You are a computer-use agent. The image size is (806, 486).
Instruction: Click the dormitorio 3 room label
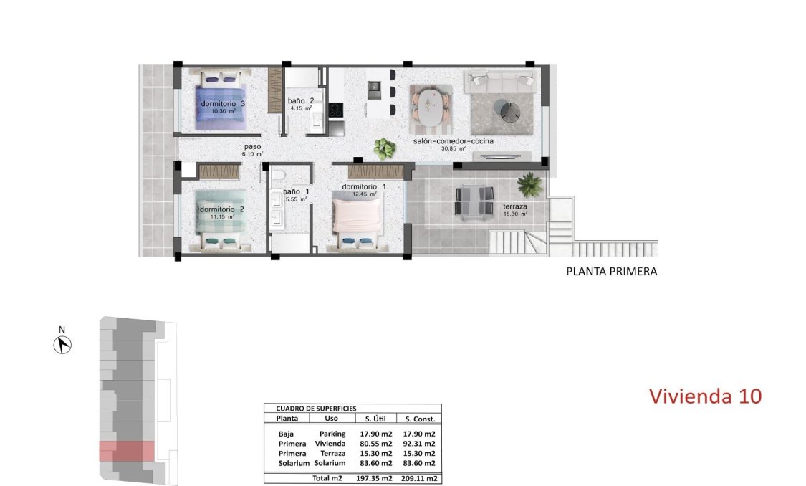pos(223,104)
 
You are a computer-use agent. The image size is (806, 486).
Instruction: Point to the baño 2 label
pos(300,101)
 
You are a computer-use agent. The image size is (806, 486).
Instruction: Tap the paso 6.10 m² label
pos(253,148)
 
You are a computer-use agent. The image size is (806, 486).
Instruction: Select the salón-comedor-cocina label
pos(453,141)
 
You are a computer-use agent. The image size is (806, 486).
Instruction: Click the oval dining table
pos(431,106)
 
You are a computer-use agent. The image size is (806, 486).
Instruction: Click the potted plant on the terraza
pos(529,184)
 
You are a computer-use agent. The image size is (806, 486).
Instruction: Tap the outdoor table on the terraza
pos(474,200)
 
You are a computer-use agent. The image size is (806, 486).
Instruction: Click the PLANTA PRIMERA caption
pos(611,272)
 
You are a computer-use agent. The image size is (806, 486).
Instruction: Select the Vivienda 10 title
pos(705,395)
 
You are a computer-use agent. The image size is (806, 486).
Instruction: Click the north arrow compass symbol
pos(63,345)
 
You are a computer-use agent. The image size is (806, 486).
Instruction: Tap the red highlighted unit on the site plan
pos(126,452)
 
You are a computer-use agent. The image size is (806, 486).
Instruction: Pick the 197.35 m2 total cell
pos(374,477)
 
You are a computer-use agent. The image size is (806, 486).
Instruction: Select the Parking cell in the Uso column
pos(332,434)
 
